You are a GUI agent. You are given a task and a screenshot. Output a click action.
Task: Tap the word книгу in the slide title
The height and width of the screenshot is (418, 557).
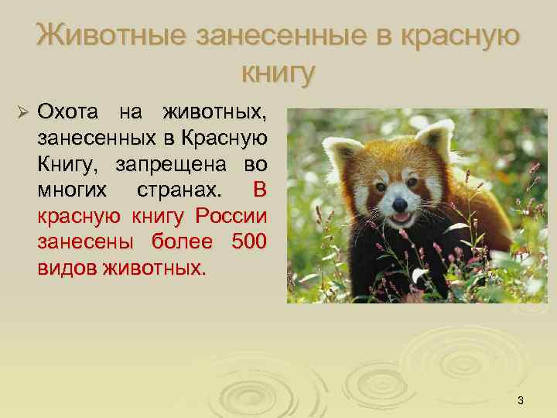(x=279, y=73)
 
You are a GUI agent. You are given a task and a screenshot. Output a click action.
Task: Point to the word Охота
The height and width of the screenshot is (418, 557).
(x=69, y=112)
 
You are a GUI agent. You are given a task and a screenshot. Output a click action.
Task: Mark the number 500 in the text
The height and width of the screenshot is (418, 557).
(x=248, y=242)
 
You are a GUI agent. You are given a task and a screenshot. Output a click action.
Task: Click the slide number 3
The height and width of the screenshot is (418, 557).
(x=521, y=400)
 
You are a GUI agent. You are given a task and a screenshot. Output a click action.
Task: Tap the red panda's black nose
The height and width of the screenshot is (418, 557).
(x=399, y=204)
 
